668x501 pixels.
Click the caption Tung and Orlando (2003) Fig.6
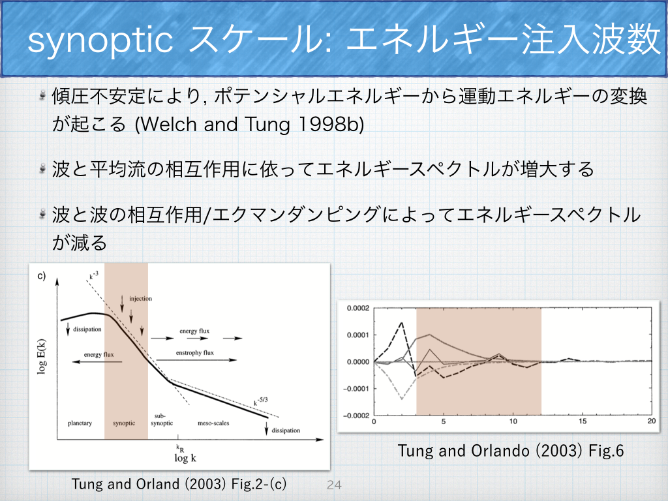(506, 450)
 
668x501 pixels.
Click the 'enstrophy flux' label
(195, 353)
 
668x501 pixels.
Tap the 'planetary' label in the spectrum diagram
(80, 423)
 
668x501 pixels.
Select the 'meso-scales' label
(213, 423)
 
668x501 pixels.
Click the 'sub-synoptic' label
(162, 419)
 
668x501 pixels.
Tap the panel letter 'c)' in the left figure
(41, 276)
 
